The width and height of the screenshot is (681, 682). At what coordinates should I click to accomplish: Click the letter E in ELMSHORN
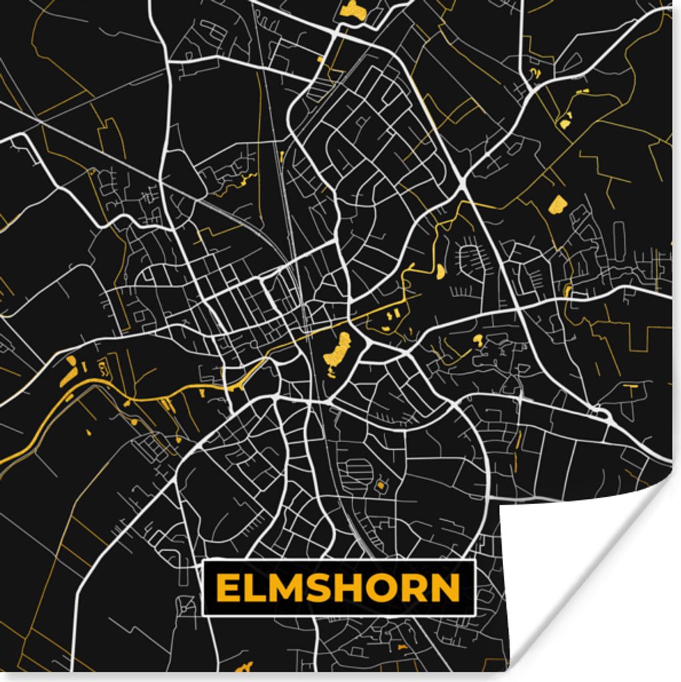tap(227, 588)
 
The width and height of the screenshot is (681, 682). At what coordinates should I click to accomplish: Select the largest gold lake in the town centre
tap(338, 351)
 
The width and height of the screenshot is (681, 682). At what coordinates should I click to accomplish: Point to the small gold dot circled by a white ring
tap(380, 486)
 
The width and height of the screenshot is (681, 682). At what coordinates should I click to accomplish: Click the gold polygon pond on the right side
tap(556, 204)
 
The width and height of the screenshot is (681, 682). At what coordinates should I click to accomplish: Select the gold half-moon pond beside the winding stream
tap(440, 271)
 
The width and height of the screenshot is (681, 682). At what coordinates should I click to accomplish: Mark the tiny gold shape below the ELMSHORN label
tap(244, 667)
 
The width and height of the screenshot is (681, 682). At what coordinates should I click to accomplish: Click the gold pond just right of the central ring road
tap(477, 340)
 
